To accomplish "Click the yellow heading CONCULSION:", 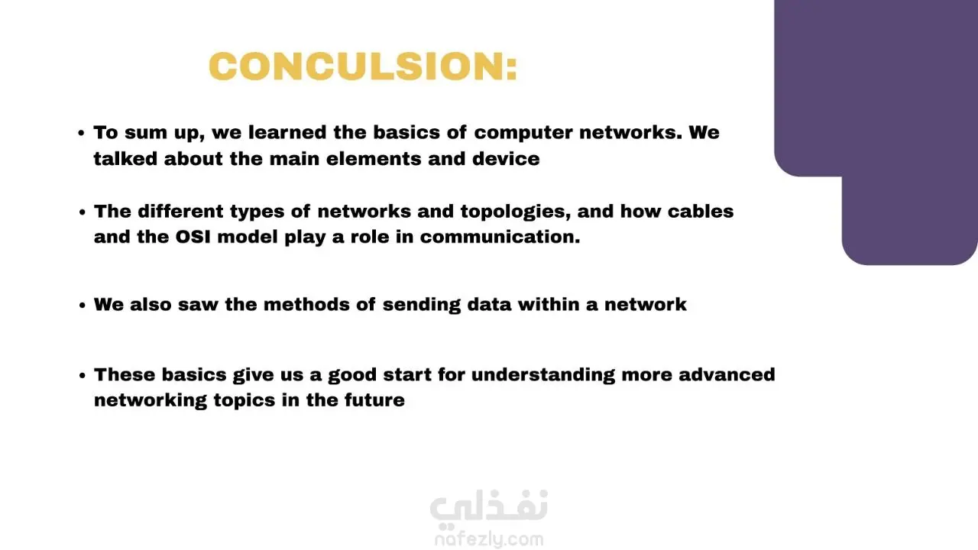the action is tap(363, 66).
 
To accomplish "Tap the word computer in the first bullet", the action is tap(523, 133).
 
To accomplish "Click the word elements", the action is tap(374, 158).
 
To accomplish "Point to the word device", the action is tap(506, 158).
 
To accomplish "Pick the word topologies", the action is tap(516, 212).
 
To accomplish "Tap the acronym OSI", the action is tap(193, 237).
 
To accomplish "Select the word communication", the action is tap(500, 237).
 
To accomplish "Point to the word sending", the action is tap(422, 305).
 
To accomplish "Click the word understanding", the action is tap(543, 375).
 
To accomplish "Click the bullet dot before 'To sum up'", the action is tap(81, 133).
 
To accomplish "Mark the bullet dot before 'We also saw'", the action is tap(82, 305).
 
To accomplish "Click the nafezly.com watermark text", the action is tap(489, 540).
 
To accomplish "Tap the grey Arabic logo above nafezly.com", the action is tap(489, 507).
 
